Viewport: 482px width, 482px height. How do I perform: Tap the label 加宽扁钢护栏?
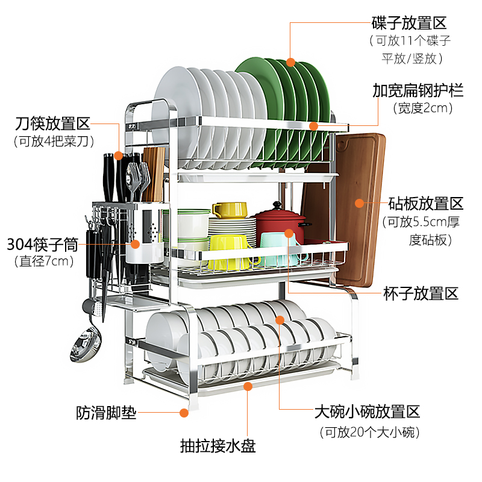(x=418, y=91)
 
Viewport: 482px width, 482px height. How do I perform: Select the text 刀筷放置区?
(x=52, y=125)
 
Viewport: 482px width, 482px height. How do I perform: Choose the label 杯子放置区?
(x=421, y=294)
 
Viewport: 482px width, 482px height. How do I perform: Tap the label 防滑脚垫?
(x=106, y=413)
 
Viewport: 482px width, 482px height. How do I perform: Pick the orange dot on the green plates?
(x=291, y=61)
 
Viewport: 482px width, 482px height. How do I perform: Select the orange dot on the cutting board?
(x=360, y=203)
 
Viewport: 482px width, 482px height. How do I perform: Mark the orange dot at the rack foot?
(x=184, y=413)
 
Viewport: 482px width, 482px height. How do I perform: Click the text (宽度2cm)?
(x=422, y=109)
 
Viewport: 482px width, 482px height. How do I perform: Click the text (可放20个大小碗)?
(x=370, y=432)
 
